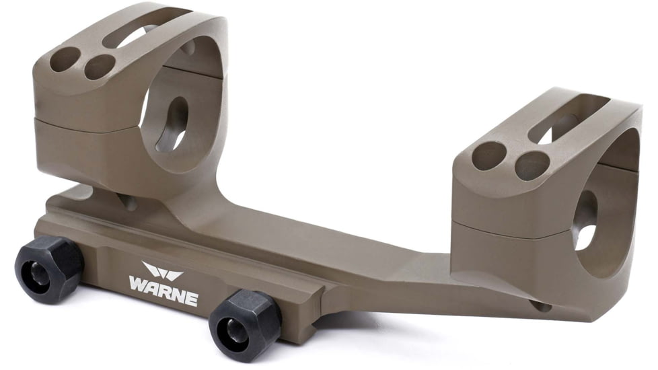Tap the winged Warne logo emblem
(162, 272)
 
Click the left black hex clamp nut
(49, 268)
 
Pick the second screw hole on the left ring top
(100, 66)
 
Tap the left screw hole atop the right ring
(490, 155)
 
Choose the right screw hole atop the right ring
(532, 165)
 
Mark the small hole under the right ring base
(540, 306)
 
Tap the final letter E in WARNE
(192, 299)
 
